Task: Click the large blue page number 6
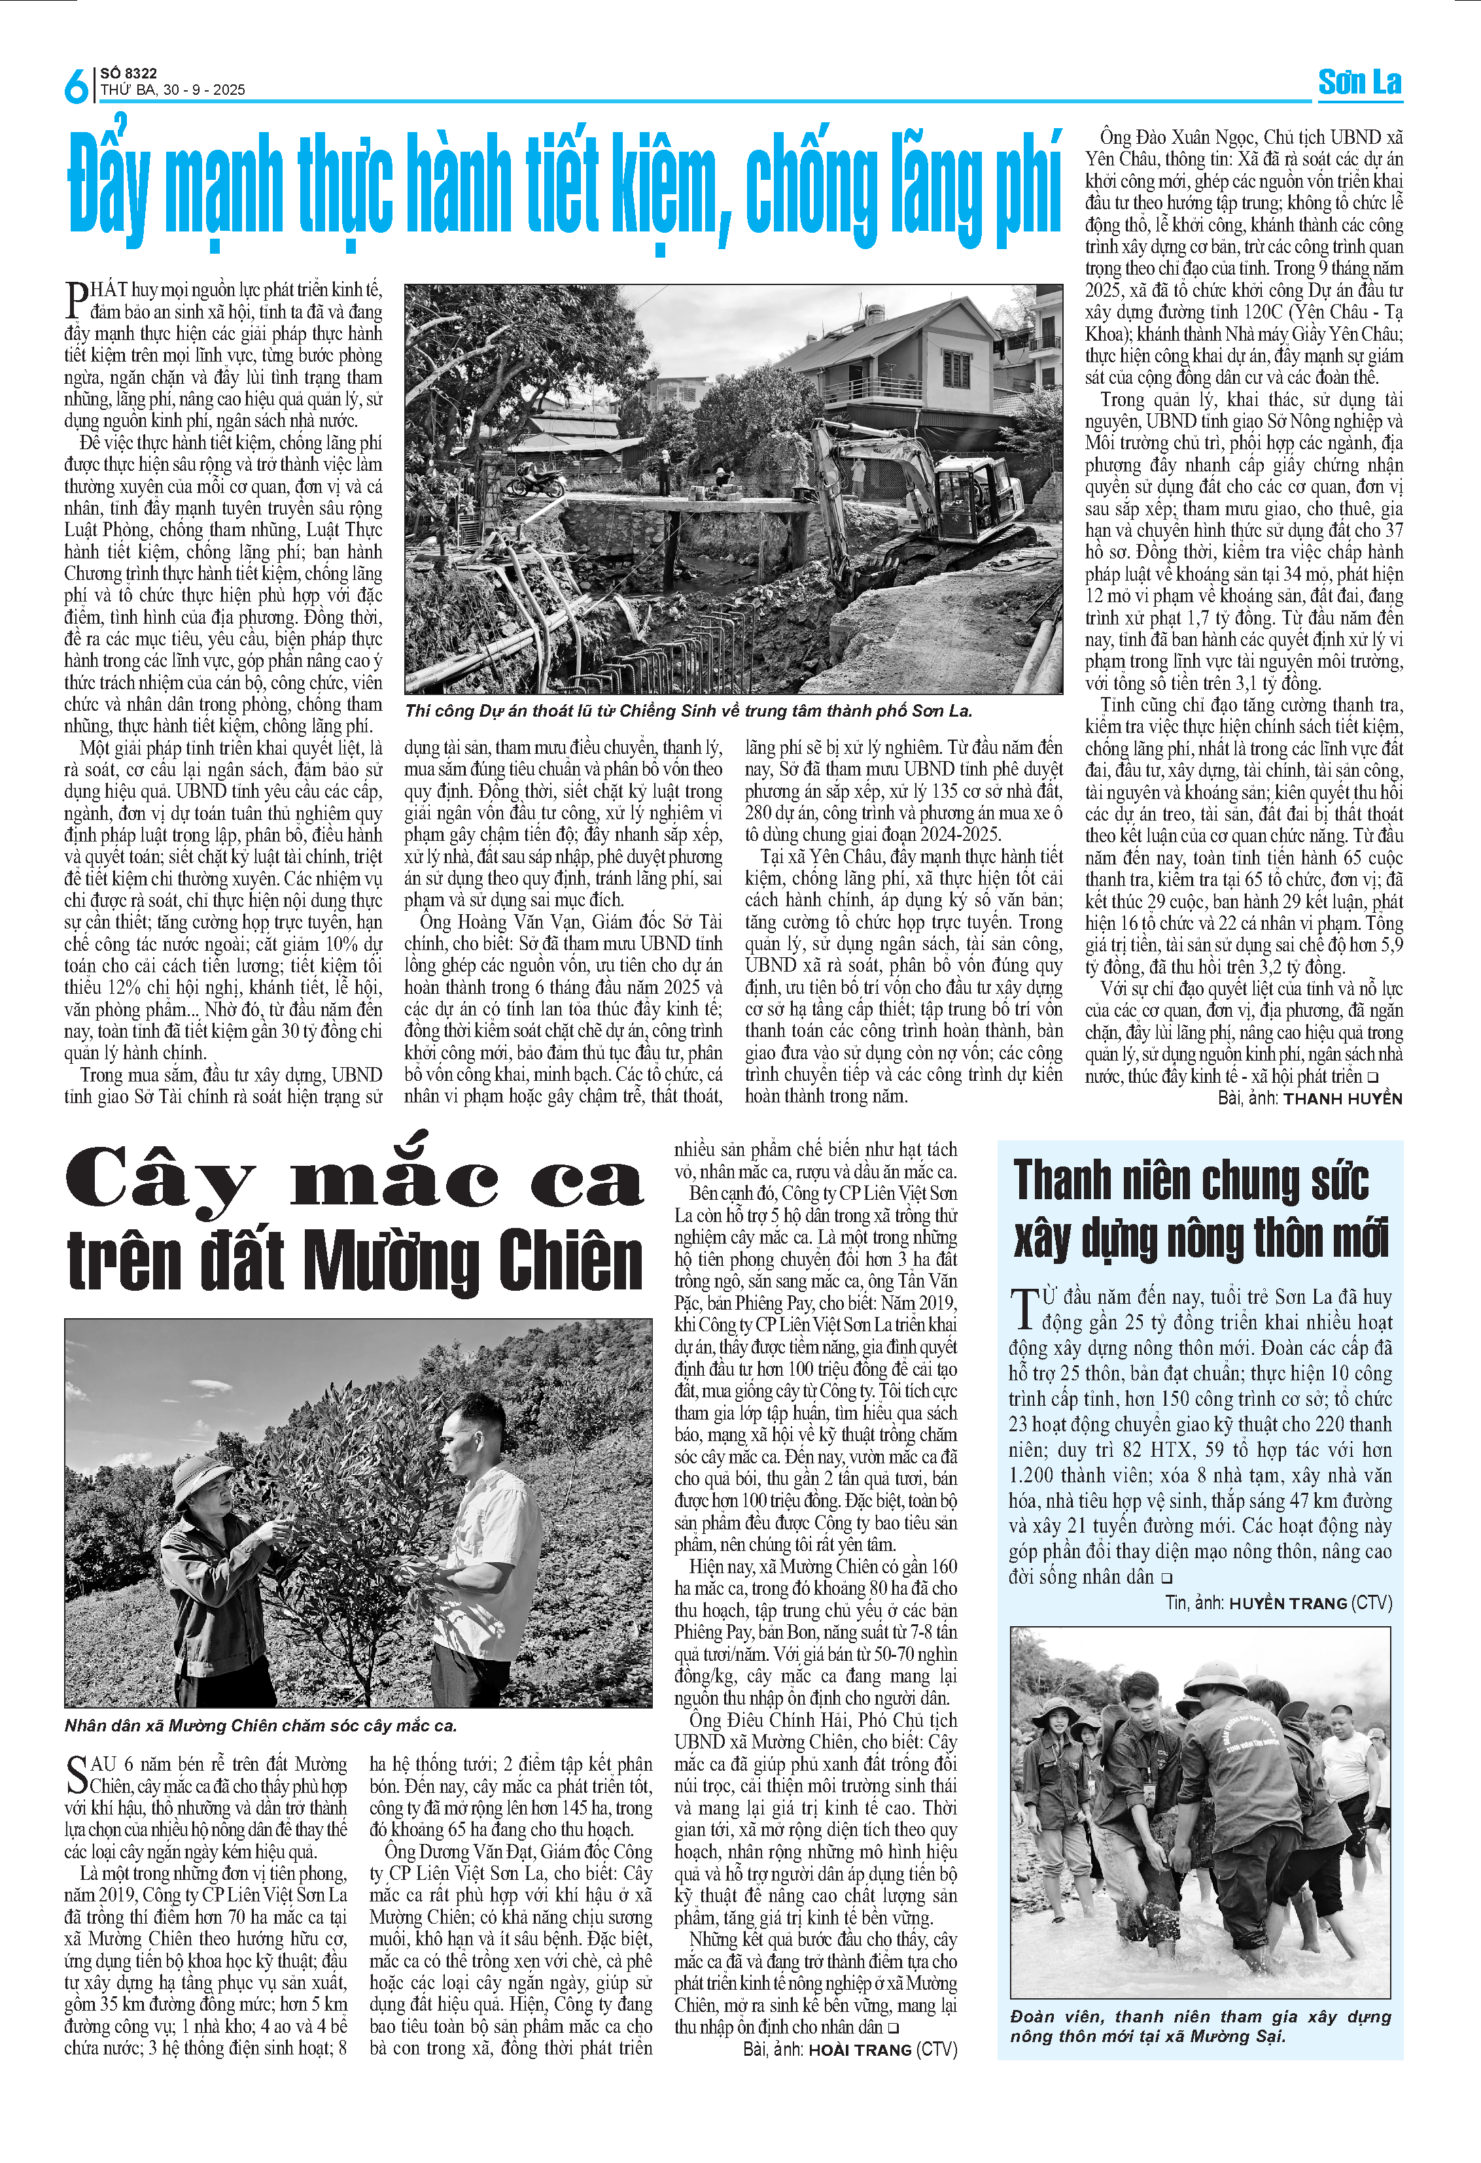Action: click(75, 86)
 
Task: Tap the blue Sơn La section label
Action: click(1359, 83)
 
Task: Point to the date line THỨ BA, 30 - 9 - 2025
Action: click(173, 90)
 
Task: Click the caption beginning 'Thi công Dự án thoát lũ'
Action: click(688, 711)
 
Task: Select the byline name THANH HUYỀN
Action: click(1342, 1099)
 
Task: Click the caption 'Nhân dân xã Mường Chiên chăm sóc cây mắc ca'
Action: click(260, 1726)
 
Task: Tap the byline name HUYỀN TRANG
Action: click(1287, 1603)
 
